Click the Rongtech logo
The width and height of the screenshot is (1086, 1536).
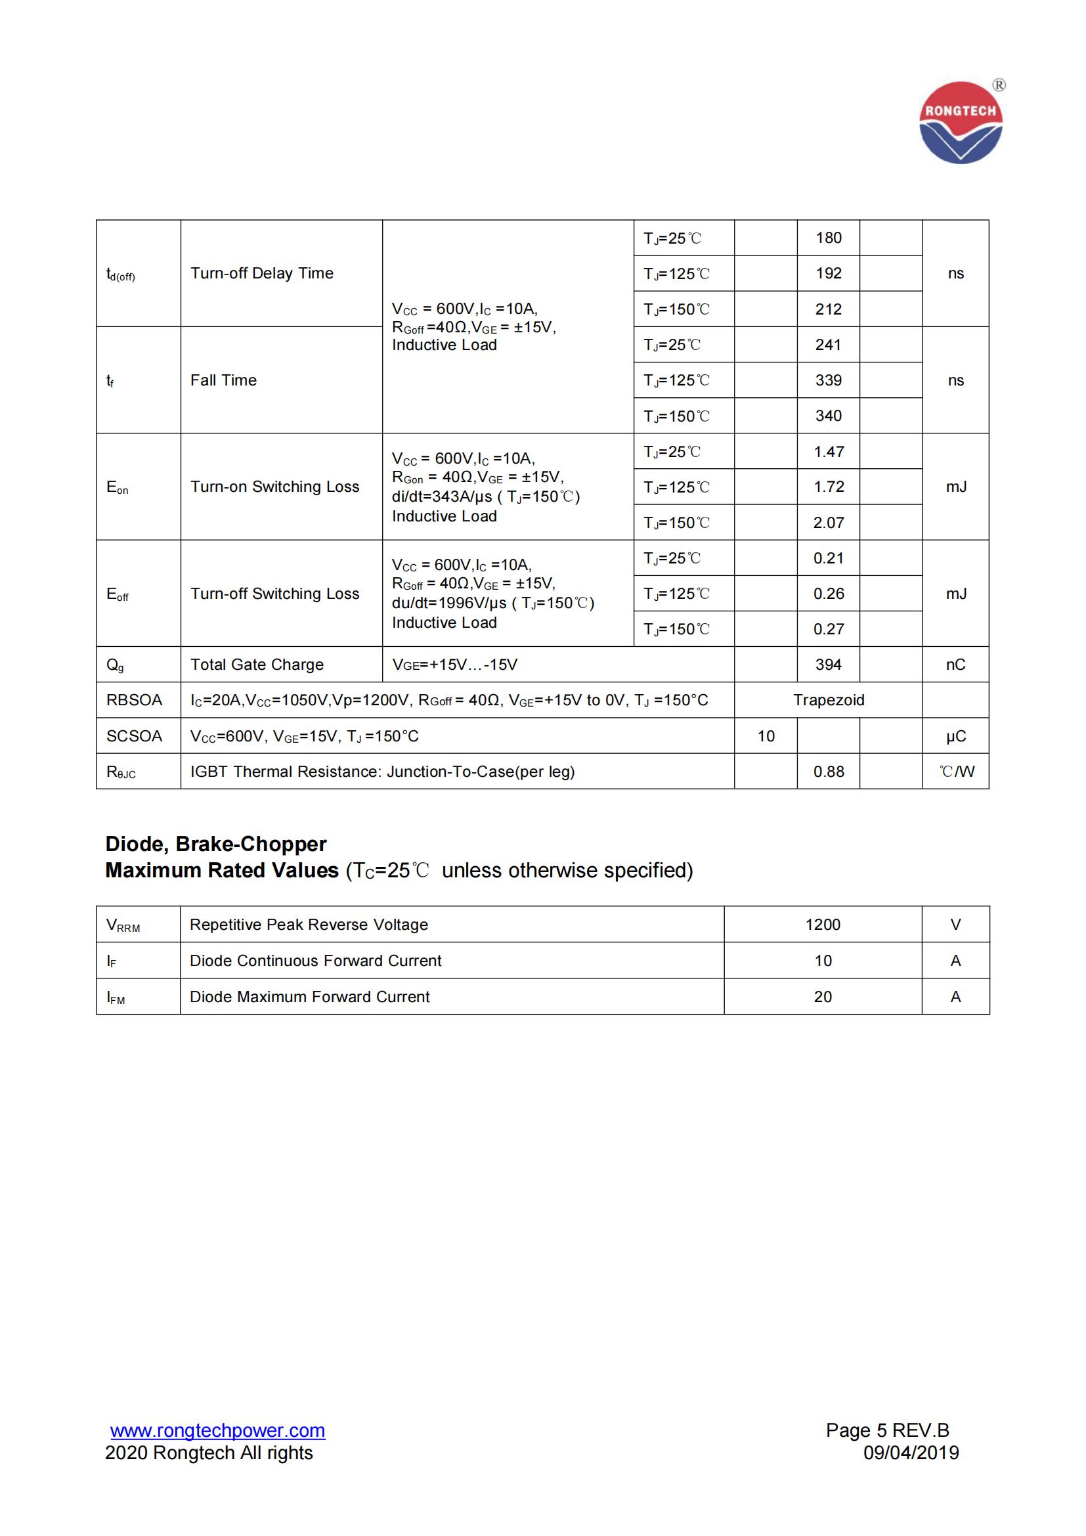[961, 123]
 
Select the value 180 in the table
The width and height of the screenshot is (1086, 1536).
[828, 238]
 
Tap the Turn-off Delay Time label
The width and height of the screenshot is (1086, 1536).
[261, 273]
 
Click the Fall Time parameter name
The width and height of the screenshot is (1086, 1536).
[223, 380]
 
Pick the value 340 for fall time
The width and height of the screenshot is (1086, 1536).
[828, 416]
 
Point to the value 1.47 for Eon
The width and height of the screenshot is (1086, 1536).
[828, 452]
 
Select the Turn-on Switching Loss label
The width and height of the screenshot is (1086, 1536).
[274, 487]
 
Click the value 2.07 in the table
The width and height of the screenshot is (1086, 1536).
[828, 523]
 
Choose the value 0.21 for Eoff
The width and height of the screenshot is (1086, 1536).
[828, 558]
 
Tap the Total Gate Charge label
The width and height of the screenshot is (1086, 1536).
[257, 665]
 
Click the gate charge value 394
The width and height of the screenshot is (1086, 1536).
[828, 665]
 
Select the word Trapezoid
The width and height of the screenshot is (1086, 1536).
[828, 700]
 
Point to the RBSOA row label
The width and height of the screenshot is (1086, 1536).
[134, 700]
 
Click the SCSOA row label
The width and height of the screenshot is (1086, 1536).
[134, 736]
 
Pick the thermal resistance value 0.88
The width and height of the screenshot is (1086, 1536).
[828, 772]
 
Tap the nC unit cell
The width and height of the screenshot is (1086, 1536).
[955, 665]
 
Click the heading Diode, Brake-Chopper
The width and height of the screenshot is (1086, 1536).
[215, 844]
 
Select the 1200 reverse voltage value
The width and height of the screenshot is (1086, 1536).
[823, 925]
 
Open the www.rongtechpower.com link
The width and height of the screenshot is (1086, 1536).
[217, 1430]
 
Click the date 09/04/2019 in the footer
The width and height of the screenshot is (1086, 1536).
[911, 1453]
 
